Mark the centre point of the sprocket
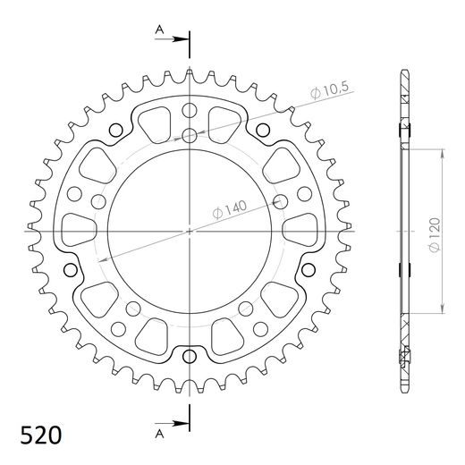tap(190, 231)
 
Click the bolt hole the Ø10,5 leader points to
tap(190, 136)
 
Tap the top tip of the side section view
tap(402, 71)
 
